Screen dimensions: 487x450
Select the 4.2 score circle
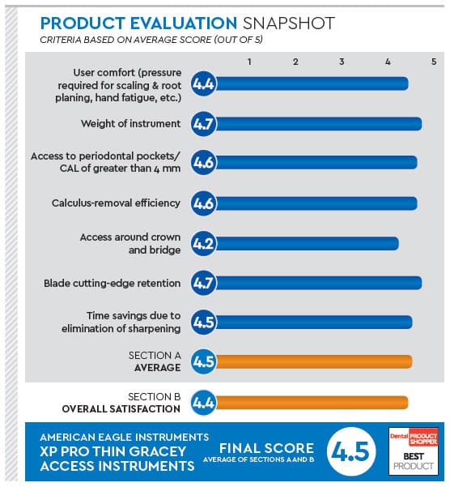pyautogui.click(x=203, y=243)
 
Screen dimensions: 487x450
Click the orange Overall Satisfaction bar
pyautogui.click(x=311, y=400)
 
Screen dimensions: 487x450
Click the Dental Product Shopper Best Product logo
pyautogui.click(x=414, y=450)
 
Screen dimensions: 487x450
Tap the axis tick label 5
pyautogui.click(x=434, y=62)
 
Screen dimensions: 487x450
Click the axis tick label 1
pyautogui.click(x=250, y=62)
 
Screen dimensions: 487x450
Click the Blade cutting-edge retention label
pyautogui.click(x=112, y=284)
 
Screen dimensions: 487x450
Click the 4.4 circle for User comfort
pyautogui.click(x=203, y=83)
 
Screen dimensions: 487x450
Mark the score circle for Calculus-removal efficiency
pyautogui.click(x=203, y=203)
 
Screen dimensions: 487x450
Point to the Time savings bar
pyautogui.click(x=313, y=322)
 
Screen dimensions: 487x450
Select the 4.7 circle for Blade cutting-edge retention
pyautogui.click(x=203, y=284)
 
